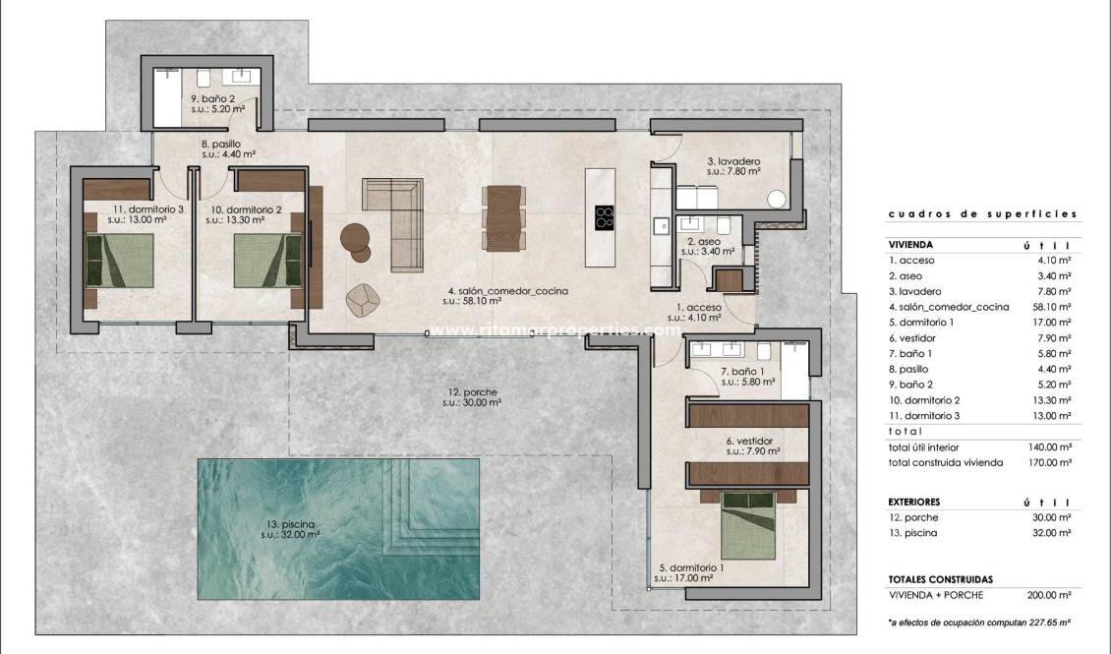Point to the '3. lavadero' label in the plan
pyautogui.click(x=732, y=160)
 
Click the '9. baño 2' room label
pyautogui.click(x=212, y=99)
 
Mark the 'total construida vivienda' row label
pyautogui.click(x=945, y=462)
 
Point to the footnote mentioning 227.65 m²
pyautogui.click(x=979, y=623)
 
